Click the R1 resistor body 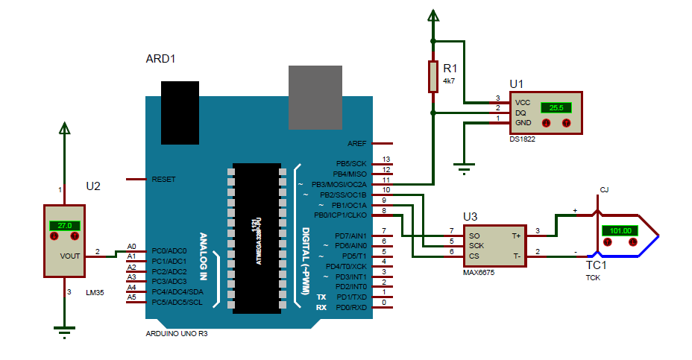point(432,77)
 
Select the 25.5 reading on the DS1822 point(556,107)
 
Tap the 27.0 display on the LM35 point(64,225)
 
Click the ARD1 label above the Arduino point(160,58)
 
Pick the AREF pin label point(356,143)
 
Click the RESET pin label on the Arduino point(163,180)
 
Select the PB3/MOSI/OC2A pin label point(339,184)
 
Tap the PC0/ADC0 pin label point(169,251)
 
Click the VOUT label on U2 point(70,255)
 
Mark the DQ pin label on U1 point(520,113)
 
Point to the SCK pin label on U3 point(476,244)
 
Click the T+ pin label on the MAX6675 point(515,235)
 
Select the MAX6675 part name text point(479,272)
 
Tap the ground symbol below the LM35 point(65,330)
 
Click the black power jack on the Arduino point(180,112)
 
